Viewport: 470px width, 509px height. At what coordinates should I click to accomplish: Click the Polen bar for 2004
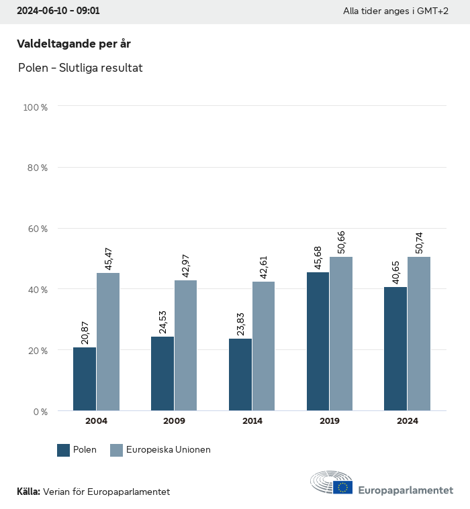pyautogui.click(x=85, y=379)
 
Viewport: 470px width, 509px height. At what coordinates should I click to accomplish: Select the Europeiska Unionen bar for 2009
pyautogui.click(x=185, y=345)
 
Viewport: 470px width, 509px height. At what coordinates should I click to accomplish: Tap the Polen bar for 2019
pyautogui.click(x=318, y=341)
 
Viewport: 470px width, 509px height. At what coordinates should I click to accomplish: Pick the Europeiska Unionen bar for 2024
pyautogui.click(x=419, y=334)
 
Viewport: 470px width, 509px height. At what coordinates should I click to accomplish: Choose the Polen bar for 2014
pyautogui.click(x=240, y=375)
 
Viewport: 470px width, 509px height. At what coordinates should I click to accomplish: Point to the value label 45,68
pyautogui.click(x=318, y=256)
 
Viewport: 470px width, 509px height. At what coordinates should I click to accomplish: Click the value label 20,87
pyautogui.click(x=85, y=331)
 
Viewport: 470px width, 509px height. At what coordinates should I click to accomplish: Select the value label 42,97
pyautogui.click(x=185, y=264)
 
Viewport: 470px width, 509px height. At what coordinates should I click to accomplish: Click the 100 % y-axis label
pyautogui.click(x=36, y=107)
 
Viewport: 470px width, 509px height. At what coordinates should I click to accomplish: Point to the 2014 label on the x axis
pyautogui.click(x=252, y=421)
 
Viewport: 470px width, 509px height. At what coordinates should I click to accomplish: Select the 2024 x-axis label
pyautogui.click(x=408, y=421)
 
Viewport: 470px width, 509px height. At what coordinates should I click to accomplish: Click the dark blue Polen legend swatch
pyautogui.click(x=64, y=450)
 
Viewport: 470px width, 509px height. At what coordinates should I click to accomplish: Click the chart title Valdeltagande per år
pyautogui.click(x=73, y=44)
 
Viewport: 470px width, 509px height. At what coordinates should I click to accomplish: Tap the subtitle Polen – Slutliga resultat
pyautogui.click(x=81, y=68)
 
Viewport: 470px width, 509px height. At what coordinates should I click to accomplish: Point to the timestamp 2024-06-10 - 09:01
pyautogui.click(x=58, y=11)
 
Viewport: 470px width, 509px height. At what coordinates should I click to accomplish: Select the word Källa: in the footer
pyautogui.click(x=28, y=492)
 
